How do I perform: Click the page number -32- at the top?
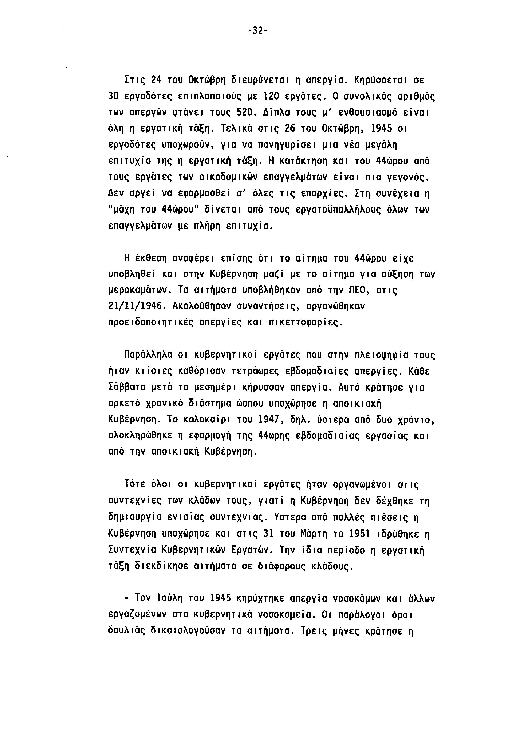pos(258,31)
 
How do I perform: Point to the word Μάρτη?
pos(314,534)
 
